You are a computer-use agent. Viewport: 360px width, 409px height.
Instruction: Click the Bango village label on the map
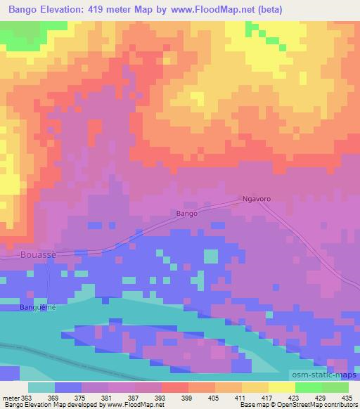point(186,212)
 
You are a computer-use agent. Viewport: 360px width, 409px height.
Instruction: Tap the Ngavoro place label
point(257,200)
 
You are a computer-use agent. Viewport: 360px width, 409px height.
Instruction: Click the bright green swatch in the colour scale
point(309,387)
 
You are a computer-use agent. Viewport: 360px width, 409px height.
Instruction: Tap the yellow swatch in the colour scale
point(281,387)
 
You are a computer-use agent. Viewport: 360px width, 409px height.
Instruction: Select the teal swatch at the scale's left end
point(41,387)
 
